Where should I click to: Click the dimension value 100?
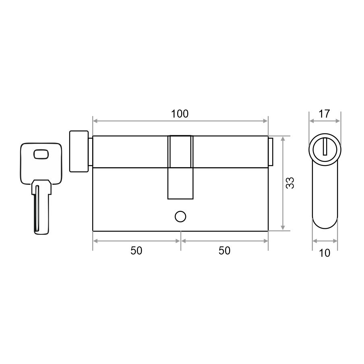pyautogui.click(x=180, y=114)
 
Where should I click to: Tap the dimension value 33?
pyautogui.click(x=290, y=183)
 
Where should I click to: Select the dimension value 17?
pyautogui.click(x=324, y=114)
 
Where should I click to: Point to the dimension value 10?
pyautogui.click(x=325, y=253)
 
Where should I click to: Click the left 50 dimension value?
pyautogui.click(x=136, y=251)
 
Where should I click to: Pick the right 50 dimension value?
pyautogui.click(x=225, y=251)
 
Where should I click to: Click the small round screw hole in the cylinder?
pyautogui.click(x=180, y=217)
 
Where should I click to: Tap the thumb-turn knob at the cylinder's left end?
pyautogui.click(x=79, y=151)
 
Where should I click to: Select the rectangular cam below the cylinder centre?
pyautogui.click(x=180, y=183)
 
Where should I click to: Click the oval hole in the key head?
pyautogui.click(x=41, y=154)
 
